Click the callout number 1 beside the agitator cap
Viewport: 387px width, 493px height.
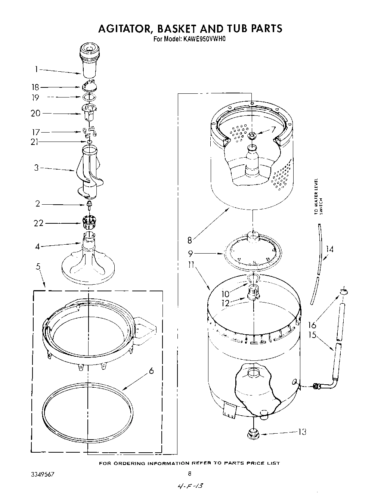click(x=37, y=69)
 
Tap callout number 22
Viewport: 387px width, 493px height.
click(x=38, y=223)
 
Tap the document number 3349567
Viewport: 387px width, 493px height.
click(x=44, y=474)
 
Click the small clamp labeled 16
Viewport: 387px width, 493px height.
click(x=344, y=291)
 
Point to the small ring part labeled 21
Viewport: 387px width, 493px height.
click(x=89, y=142)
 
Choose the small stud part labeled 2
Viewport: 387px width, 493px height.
click(x=89, y=204)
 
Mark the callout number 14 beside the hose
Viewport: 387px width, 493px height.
click(x=329, y=249)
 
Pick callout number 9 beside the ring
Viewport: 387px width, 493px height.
click(x=191, y=254)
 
